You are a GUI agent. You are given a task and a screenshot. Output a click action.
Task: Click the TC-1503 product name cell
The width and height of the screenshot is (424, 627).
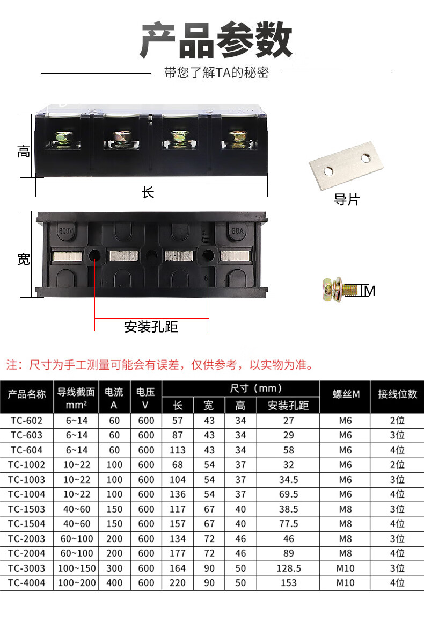tap(27, 509)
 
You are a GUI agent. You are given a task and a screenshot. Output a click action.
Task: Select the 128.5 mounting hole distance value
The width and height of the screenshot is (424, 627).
tap(288, 568)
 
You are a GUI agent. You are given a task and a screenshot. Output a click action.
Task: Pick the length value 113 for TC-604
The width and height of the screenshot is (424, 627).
tap(178, 450)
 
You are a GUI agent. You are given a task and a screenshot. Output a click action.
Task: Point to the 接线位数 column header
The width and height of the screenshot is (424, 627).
tap(397, 394)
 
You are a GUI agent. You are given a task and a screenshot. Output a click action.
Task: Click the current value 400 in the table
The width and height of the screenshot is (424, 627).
tap(114, 582)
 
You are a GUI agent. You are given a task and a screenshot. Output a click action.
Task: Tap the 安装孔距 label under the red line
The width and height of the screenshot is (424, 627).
tap(151, 326)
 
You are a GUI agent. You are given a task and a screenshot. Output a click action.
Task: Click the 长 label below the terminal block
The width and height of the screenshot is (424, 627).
tap(148, 192)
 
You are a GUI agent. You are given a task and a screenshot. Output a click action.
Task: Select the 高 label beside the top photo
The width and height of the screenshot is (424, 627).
tap(23, 152)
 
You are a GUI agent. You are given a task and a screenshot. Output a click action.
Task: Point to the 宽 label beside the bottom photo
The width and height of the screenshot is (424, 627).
tap(23, 259)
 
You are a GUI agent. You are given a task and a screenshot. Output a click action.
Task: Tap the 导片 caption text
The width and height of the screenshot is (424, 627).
tap(346, 200)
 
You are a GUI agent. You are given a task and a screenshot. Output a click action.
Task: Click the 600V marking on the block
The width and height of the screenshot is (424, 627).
tap(66, 231)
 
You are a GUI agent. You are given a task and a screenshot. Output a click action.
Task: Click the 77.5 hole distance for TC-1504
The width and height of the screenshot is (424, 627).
tap(288, 524)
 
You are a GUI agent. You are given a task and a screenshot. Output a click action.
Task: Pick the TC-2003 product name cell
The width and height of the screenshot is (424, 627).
tap(27, 538)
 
